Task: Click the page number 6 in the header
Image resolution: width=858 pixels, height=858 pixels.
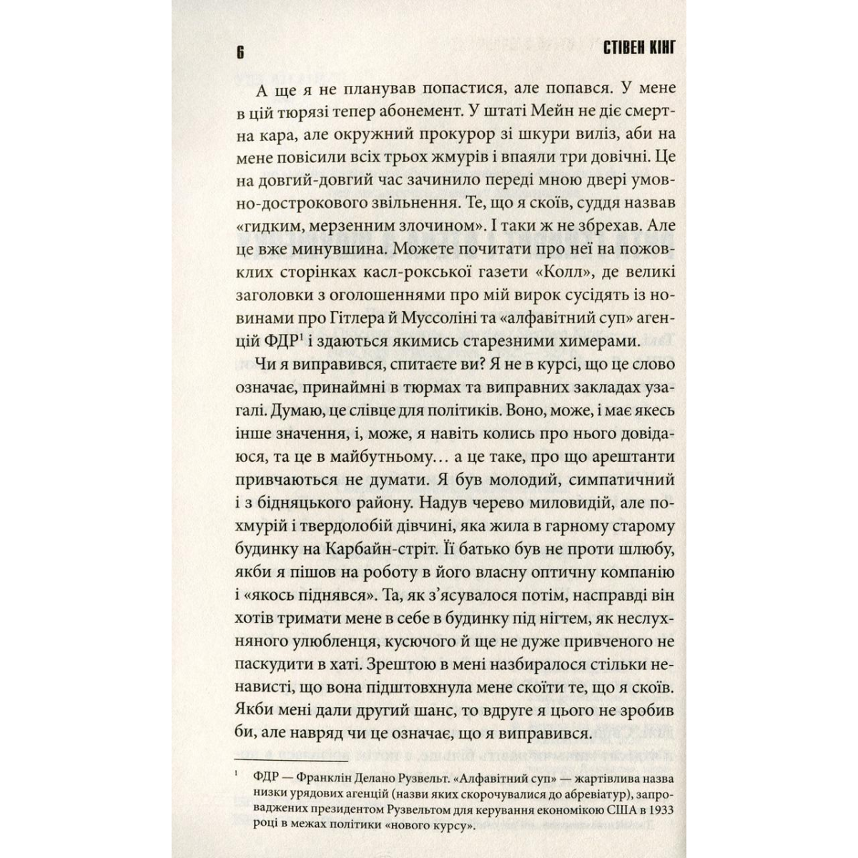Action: (x=240, y=51)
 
